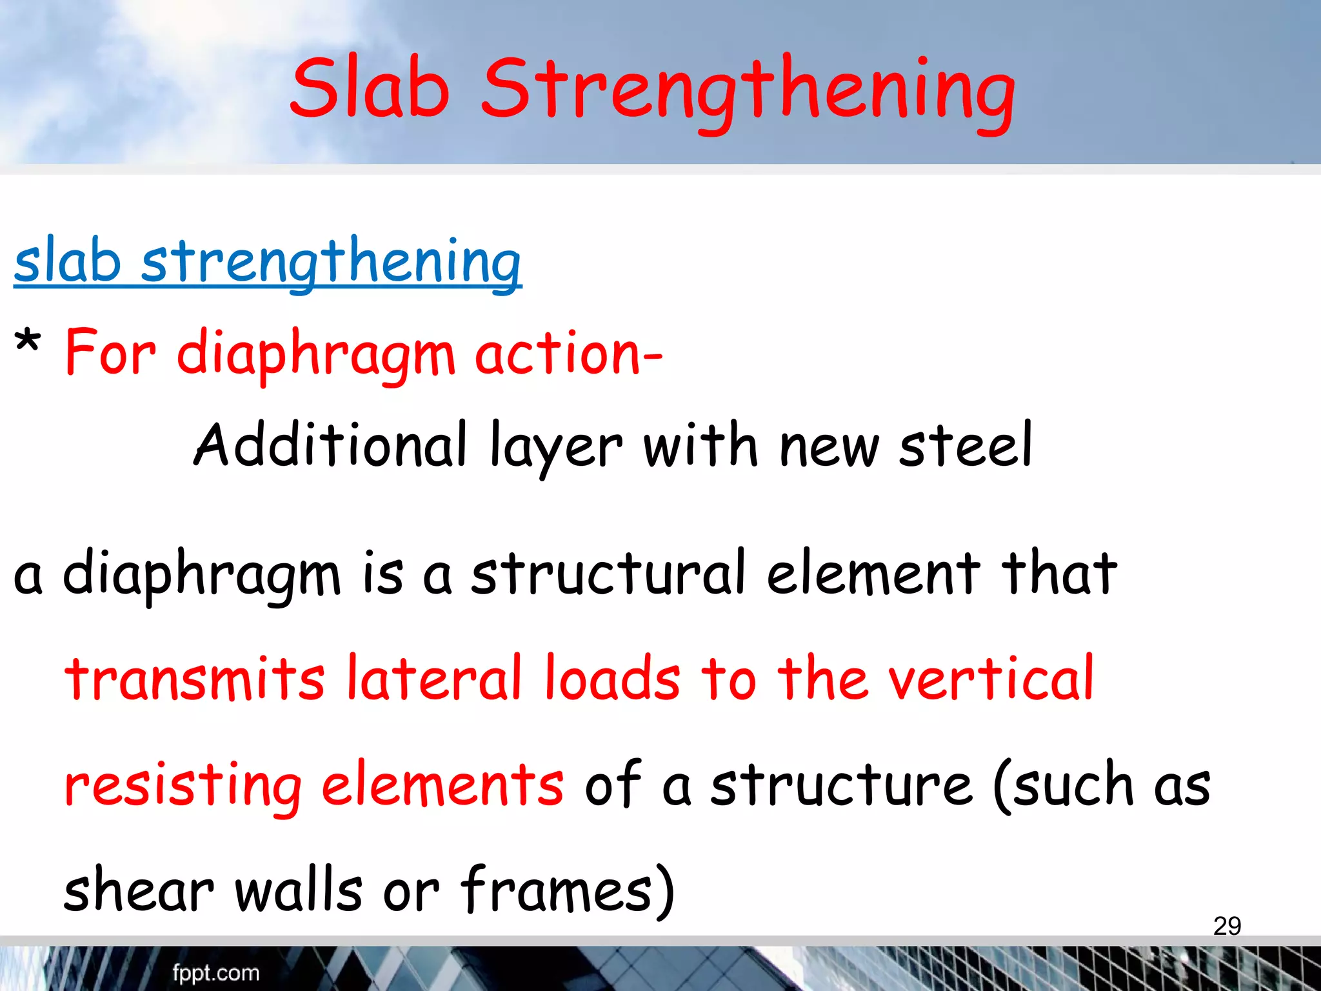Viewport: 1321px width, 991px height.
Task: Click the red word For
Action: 110,354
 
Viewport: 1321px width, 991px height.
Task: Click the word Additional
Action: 330,445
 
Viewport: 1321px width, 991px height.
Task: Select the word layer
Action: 556,448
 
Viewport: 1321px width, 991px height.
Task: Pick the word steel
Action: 966,445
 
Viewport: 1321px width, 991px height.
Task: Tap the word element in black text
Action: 873,573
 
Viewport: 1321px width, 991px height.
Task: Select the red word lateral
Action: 434,679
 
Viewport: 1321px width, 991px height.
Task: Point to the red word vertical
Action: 991,679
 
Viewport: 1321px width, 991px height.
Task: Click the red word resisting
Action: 183,786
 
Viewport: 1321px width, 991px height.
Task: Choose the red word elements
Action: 442,785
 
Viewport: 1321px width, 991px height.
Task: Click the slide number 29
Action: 1227,926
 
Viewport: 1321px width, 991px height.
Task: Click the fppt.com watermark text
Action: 215,973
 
